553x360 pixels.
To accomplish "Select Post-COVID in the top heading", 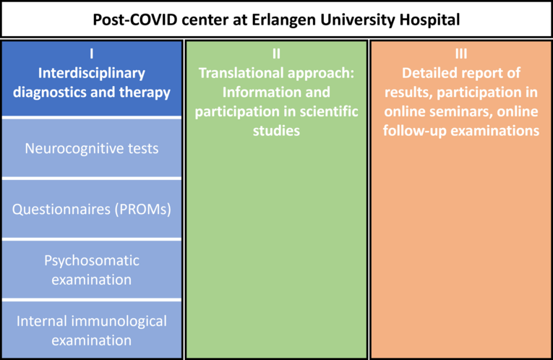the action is [135, 20].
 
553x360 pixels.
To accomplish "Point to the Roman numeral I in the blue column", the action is [92, 53].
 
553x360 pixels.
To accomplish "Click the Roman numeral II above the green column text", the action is [276, 53].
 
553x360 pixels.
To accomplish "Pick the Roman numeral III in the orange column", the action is [461, 53].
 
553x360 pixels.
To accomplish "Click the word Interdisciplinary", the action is [92, 74].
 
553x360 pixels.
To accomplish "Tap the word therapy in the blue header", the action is [145, 93].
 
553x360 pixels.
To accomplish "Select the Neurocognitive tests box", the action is [92, 148].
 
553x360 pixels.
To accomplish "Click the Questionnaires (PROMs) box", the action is [92, 209].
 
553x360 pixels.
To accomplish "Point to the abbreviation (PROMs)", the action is [142, 210].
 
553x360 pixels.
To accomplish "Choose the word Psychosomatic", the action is [92, 261].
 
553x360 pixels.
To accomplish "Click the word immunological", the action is [119, 321].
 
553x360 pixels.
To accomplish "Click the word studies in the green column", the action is [276, 131].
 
